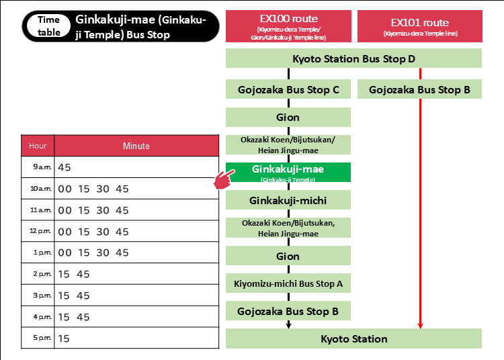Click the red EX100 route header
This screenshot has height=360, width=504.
tap(288, 26)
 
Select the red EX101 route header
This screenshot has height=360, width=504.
tap(419, 26)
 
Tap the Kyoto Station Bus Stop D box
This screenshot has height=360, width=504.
tap(353, 58)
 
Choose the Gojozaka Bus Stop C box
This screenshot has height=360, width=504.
tap(288, 89)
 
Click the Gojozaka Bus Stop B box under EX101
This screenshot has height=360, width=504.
tap(419, 89)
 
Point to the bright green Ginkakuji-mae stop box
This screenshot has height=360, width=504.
tap(288, 172)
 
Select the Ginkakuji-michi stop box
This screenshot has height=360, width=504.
tap(288, 200)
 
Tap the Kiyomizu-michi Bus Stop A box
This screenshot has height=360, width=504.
tap(288, 284)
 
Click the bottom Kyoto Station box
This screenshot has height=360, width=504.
tap(353, 339)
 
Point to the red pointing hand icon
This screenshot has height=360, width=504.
tap(224, 179)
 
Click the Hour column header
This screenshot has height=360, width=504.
tap(38, 146)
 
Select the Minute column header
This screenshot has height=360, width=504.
tap(136, 146)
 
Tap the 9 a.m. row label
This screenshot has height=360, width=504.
tap(38, 167)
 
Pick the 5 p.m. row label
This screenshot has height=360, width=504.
tap(38, 338)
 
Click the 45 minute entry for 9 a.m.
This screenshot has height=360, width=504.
tap(65, 167)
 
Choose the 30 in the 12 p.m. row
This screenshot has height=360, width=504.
tap(103, 232)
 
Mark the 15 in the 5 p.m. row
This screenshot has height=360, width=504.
tap(65, 339)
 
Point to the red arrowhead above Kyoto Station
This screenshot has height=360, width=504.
tap(420, 325)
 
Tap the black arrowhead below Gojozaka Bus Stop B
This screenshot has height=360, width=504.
tap(288, 325)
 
